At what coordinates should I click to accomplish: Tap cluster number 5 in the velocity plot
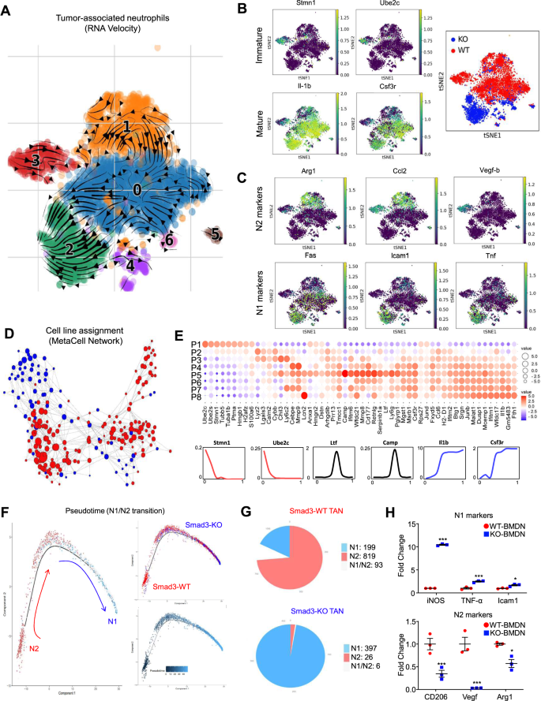click(x=215, y=233)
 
